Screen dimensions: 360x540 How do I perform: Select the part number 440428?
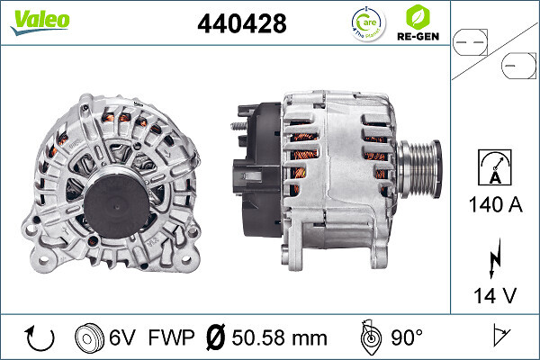(x=241, y=25)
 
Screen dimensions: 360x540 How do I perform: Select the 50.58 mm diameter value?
(x=280, y=338)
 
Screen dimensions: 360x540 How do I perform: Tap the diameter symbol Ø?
(x=217, y=338)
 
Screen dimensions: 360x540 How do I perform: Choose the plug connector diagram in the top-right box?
(x=495, y=51)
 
